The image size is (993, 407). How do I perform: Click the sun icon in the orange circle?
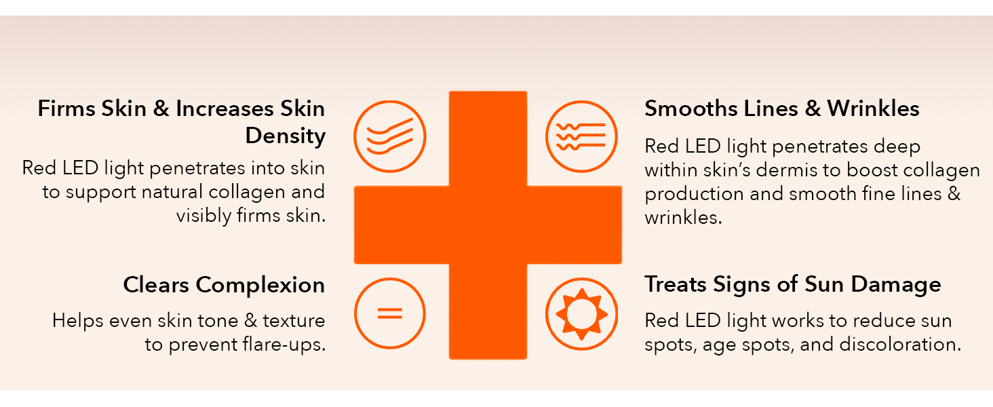pos(581,314)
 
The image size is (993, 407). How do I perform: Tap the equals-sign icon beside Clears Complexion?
pos(389,313)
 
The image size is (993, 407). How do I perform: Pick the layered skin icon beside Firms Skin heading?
pos(390,136)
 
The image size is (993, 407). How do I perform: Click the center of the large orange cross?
pos(488,225)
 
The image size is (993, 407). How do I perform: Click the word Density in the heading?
pos(286,136)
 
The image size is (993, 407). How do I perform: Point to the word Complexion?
pos(260,285)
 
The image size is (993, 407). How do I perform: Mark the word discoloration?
pos(900,345)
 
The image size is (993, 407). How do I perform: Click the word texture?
pos(294,321)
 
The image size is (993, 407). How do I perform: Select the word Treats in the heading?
pos(675,285)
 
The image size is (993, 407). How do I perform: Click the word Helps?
pos(77,321)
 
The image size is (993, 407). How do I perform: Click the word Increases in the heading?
pos(225,109)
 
